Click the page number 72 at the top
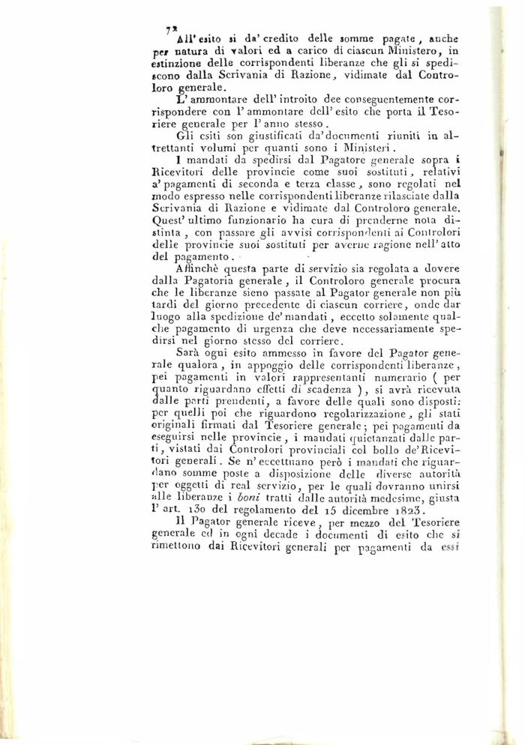[170, 29]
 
